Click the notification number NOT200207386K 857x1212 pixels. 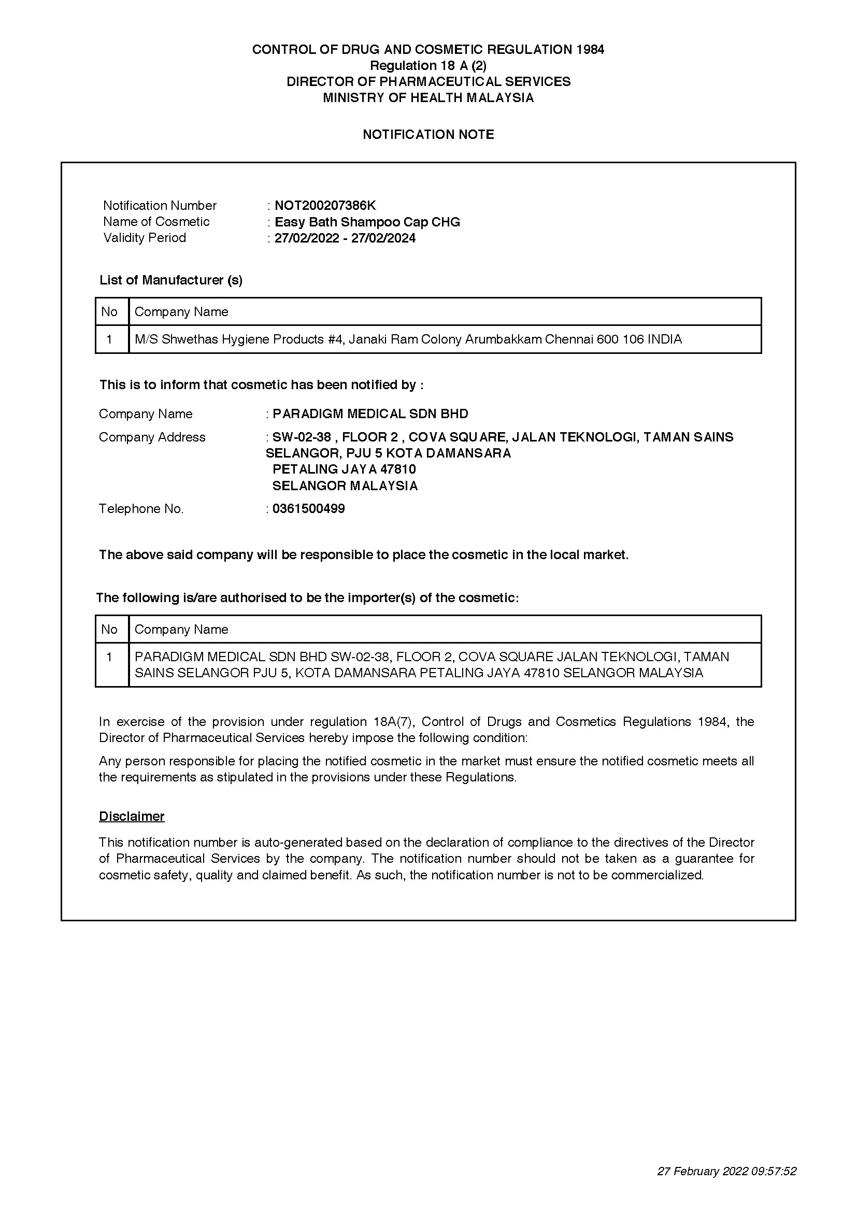[325, 205]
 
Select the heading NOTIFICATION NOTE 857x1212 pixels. [428, 135]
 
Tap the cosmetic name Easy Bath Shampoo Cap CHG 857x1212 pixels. [367, 222]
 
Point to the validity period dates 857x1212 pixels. [345, 238]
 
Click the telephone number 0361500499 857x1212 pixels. [308, 508]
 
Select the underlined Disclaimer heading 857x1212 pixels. [132, 816]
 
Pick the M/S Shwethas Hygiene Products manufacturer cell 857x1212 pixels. [408, 339]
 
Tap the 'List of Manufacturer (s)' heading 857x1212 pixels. [171, 280]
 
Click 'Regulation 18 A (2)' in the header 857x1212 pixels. [428, 65]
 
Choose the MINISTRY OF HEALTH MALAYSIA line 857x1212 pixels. [428, 97]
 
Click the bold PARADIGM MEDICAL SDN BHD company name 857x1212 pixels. [370, 413]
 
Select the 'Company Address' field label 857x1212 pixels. [152, 437]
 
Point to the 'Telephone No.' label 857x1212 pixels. [141, 508]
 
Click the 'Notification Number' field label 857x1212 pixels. [160, 205]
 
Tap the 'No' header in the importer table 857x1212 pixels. [109, 629]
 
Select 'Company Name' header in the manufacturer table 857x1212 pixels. [181, 311]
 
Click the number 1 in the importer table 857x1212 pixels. [109, 657]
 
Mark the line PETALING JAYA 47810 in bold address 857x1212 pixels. [344, 469]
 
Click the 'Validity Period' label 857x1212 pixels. [145, 237]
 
